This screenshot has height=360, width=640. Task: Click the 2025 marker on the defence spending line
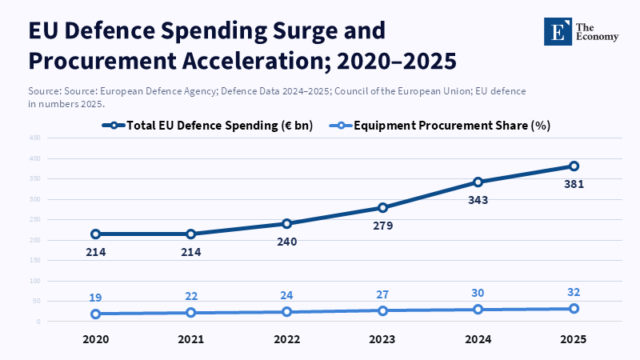click(x=574, y=166)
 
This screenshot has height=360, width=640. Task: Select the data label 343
click(x=478, y=199)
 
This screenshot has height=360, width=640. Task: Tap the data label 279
click(x=382, y=226)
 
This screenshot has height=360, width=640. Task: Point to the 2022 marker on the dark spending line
click(x=286, y=223)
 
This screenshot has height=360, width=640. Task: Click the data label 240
click(x=286, y=242)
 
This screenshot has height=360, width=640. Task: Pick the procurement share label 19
click(x=95, y=298)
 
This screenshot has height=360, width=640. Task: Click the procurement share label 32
click(x=574, y=292)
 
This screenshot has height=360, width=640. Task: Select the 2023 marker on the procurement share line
click(x=382, y=310)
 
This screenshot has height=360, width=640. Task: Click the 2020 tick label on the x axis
click(x=95, y=339)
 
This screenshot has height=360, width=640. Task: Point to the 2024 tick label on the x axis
click(x=478, y=339)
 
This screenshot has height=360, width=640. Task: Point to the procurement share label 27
click(x=382, y=294)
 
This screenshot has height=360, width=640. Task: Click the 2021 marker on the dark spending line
click(x=191, y=234)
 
